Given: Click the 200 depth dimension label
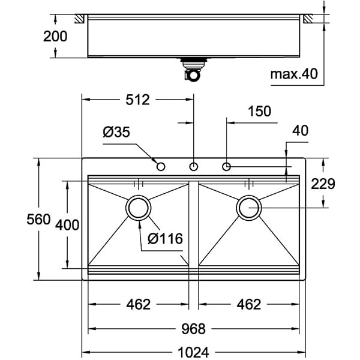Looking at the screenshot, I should point(55,36).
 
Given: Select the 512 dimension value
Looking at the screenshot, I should point(137,100).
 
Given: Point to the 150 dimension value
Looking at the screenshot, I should point(259,111).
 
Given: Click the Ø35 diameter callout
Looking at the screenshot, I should point(116,133).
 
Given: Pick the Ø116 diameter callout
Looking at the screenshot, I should point(164,239).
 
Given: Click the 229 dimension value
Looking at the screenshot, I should point(322,184).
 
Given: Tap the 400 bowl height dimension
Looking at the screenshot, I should point(67,225).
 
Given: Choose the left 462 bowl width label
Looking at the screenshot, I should point(138,305).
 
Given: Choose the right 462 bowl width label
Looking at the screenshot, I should point(248,305).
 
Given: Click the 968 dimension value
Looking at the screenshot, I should point(193,329).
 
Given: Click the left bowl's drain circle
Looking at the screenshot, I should point(139,208).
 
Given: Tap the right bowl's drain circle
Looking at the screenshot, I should point(249,208).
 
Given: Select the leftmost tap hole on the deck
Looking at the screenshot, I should point(161,166).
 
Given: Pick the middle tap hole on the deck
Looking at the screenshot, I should point(194,166).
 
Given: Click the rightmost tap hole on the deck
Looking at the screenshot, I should point(227,166).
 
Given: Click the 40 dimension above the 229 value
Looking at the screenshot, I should point(300,130).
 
